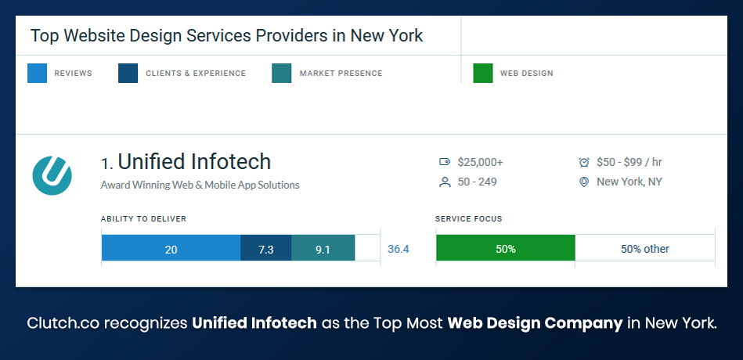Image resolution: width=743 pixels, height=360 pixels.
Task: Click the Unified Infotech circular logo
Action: [x=52, y=175]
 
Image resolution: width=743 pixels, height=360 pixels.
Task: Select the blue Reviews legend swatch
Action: [x=37, y=74]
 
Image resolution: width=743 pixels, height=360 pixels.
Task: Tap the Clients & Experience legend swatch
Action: [x=128, y=74]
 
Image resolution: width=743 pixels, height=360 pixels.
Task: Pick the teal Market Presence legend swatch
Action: [x=282, y=74]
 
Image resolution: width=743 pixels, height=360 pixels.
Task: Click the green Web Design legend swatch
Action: [x=483, y=74]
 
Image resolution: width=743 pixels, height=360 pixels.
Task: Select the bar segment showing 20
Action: [x=171, y=249]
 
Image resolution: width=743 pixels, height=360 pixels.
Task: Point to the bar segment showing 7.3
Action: [x=265, y=249]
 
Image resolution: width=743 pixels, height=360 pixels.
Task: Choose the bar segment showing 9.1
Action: [x=323, y=249]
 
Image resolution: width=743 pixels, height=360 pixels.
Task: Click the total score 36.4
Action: [x=399, y=249]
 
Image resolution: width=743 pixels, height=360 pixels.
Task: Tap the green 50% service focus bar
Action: [x=505, y=249]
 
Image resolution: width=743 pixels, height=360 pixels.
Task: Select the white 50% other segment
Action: [x=644, y=249]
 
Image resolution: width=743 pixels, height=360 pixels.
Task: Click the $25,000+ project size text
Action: [x=481, y=162]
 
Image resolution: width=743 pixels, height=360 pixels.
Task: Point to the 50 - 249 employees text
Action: [x=478, y=182]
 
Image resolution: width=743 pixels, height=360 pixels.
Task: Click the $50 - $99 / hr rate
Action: [x=629, y=162]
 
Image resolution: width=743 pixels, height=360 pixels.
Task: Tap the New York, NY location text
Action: [x=629, y=182]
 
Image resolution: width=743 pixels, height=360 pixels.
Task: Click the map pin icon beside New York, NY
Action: [x=583, y=182]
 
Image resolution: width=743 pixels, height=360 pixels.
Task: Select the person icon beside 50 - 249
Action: [x=445, y=182]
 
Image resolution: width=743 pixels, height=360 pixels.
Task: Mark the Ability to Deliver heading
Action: [x=143, y=219]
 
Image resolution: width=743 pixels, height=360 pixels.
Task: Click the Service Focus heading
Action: [x=468, y=219]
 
